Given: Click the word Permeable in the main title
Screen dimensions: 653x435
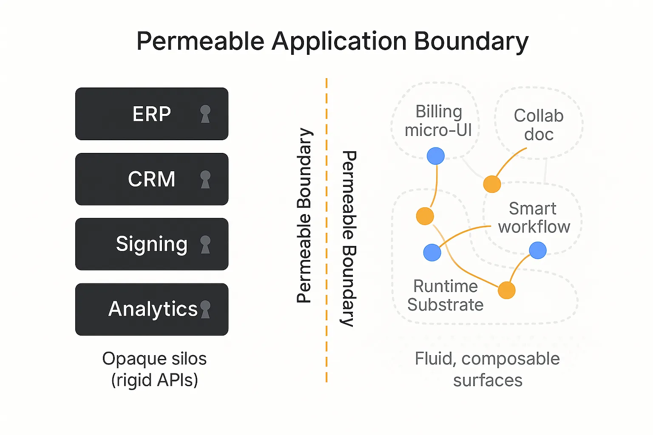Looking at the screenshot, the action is [x=200, y=41].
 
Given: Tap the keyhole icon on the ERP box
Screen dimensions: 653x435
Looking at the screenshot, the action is [x=205, y=114].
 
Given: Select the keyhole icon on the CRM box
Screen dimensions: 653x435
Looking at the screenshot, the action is [x=205, y=179].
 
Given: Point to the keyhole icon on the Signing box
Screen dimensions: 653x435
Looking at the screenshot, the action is [x=205, y=244].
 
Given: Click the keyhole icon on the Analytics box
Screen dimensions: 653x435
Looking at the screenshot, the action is [x=205, y=309].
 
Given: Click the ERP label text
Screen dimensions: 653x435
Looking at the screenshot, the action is [x=152, y=113].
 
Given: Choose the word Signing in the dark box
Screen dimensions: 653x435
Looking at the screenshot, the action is [x=152, y=244].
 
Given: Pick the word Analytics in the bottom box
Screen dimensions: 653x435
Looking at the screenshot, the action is [x=153, y=309].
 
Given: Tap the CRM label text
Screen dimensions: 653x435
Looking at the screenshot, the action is [x=152, y=179].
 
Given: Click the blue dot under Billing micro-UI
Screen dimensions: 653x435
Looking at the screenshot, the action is [x=435, y=156].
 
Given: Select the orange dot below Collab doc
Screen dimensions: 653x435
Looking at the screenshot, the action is [x=492, y=184].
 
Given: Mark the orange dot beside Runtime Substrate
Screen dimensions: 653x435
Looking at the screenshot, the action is [x=507, y=290].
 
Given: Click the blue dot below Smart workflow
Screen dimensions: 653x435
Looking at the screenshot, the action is [x=537, y=250].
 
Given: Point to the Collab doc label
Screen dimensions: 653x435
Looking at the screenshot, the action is [x=539, y=125].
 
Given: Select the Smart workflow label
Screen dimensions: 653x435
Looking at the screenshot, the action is [x=534, y=217].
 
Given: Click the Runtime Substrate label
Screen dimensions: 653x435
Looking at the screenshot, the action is [x=446, y=295].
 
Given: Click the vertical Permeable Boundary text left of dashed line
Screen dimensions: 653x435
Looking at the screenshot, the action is [x=304, y=216].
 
